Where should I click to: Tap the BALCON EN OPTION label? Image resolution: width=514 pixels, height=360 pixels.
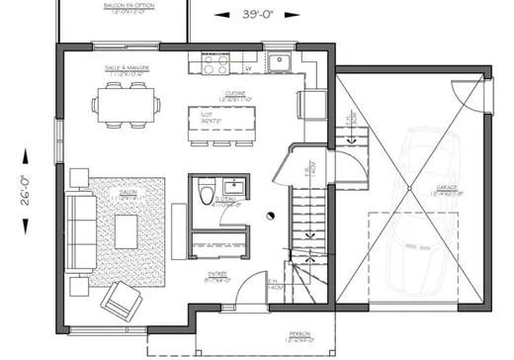coord(122,9)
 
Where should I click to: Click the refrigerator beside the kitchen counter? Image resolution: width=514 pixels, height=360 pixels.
coord(309,104)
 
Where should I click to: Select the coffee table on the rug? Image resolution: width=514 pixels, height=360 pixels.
coord(127,231)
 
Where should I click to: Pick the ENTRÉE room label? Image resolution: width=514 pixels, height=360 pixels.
coord(217,277)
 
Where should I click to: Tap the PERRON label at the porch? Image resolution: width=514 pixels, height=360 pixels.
coord(299,336)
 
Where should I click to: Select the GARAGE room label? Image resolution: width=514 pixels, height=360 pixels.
coord(447,189)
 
